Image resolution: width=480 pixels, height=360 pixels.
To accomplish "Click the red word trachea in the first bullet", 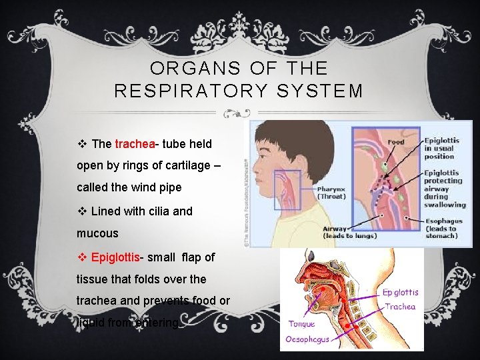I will [135, 144].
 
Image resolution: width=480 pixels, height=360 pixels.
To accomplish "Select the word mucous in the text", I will [97, 233].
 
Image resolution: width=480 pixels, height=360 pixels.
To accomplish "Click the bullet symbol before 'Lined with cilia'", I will [83, 211].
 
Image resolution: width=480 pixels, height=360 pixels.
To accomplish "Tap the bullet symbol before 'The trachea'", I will [83, 144].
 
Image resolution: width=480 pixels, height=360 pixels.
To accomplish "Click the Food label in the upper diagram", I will [395, 142].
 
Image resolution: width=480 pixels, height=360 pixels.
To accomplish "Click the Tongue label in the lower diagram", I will [301, 324].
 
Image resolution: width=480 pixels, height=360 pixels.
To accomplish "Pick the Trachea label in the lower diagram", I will [400, 307].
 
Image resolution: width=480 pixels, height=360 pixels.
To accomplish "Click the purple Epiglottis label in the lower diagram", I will [400, 292].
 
